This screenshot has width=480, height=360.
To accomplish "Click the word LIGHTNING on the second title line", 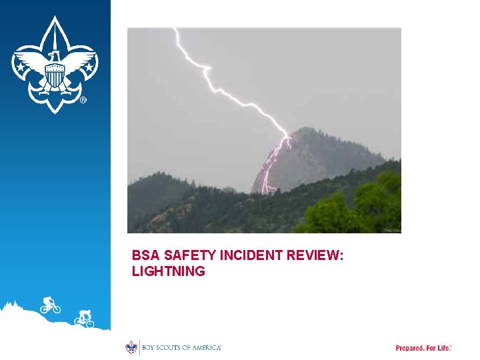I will pyautogui.click(x=169, y=271).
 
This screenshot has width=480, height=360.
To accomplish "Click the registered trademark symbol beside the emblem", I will pyautogui.click(x=83, y=101).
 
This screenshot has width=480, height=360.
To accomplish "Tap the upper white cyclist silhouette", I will pyautogui.click(x=49, y=305).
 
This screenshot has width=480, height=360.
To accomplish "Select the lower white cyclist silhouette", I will pyautogui.click(x=85, y=319).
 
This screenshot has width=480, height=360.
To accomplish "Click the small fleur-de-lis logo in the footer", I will pyautogui.click(x=131, y=347).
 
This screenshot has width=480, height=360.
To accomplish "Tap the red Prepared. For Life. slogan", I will pyautogui.click(x=423, y=348).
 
